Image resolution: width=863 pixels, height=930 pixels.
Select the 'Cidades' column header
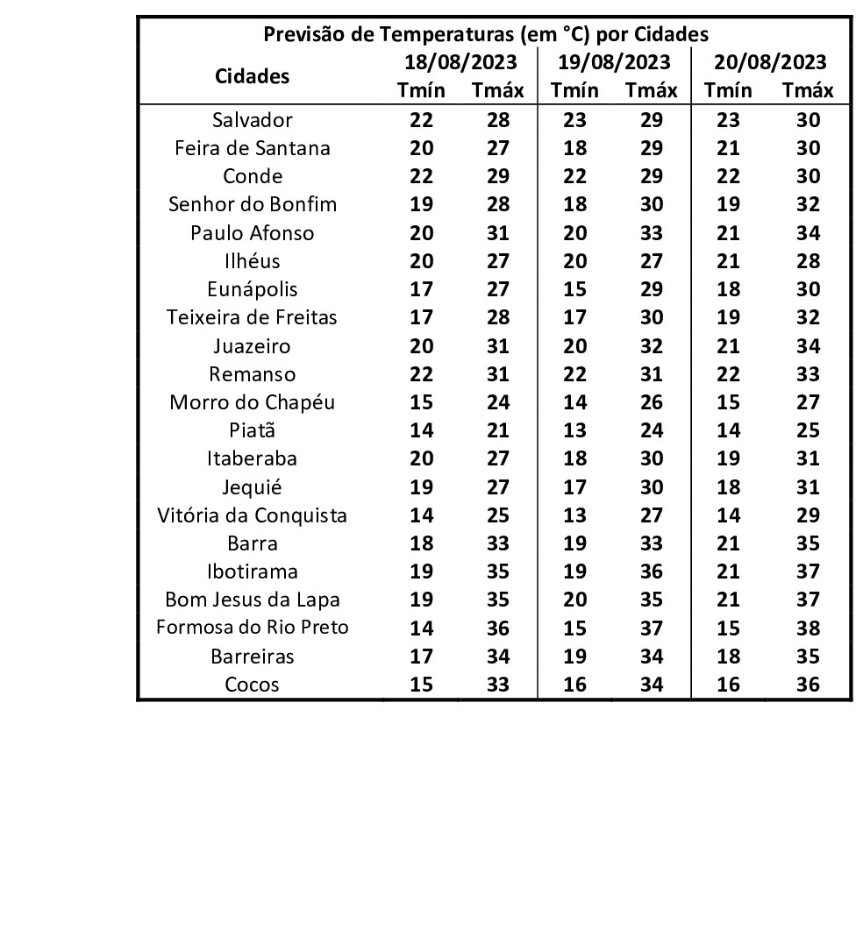point(252,76)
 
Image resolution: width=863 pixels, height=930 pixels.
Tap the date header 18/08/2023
point(460,62)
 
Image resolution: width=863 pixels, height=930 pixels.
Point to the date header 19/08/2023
point(614,62)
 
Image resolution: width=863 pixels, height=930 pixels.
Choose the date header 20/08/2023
point(770,62)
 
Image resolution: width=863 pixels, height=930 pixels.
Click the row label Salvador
point(252,120)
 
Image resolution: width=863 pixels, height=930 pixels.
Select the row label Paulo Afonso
point(252,233)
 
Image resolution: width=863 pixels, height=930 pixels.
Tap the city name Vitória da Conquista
point(252,515)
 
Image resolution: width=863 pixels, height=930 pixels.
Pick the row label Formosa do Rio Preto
point(252,628)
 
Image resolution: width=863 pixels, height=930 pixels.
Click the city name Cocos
point(252,685)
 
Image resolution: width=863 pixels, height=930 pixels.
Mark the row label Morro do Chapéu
point(252,402)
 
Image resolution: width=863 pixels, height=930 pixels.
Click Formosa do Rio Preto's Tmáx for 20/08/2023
point(808,628)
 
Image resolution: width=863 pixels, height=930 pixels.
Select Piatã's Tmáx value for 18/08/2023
point(497,430)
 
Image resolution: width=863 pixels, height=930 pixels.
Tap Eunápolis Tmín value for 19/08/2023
point(574,289)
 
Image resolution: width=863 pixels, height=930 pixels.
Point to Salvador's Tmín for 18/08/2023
point(422,120)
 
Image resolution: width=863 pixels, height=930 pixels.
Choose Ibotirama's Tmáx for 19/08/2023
point(652,571)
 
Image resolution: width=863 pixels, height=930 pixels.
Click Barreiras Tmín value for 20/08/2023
point(728,657)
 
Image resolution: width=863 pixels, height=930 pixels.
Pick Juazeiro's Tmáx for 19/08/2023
point(652,346)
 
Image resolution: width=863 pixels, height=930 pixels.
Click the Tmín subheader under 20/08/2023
point(728,90)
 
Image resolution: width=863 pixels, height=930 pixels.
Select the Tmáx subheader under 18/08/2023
point(497,90)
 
